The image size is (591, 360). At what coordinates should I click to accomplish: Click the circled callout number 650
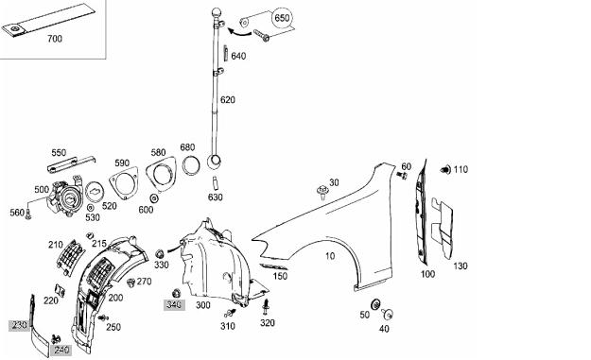[282, 18]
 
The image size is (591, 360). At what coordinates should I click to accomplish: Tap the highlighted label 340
[174, 304]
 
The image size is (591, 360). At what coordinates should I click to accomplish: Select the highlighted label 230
[19, 325]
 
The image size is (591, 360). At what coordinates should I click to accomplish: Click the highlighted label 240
[61, 350]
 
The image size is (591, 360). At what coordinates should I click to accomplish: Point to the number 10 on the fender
[330, 256]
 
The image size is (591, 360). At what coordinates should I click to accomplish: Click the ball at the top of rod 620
[217, 12]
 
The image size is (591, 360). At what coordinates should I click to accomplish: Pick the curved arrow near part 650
[239, 33]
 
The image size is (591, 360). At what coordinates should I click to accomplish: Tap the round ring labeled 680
[191, 165]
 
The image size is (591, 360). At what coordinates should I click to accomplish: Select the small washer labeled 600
[154, 198]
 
